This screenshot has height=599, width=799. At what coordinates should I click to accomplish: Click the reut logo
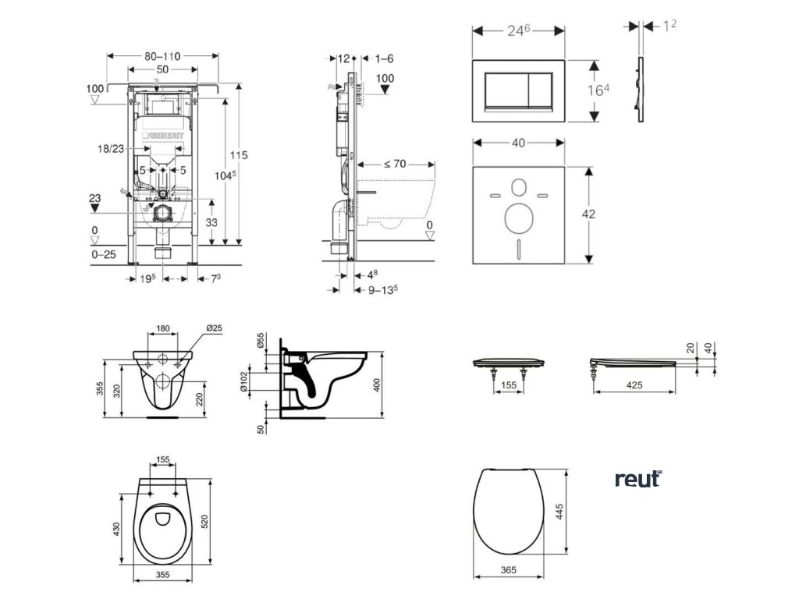tap(637, 479)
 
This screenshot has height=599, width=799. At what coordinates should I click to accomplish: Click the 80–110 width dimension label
tap(162, 56)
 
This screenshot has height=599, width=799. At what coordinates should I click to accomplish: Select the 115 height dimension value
tap(238, 155)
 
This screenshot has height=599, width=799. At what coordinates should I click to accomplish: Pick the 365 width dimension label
tap(507, 570)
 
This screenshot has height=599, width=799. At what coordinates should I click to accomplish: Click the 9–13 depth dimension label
tap(383, 289)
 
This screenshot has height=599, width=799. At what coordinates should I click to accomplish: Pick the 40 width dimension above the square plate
tap(518, 143)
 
